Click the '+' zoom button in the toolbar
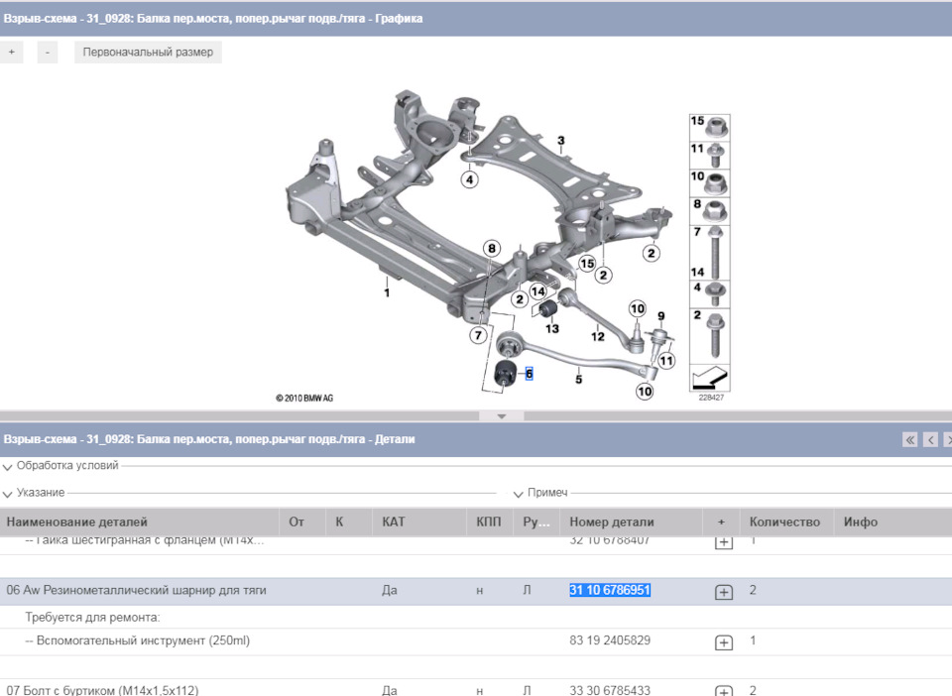[x=11, y=53]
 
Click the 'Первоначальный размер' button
[x=148, y=53]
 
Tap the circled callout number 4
[x=469, y=179]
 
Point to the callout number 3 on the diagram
[x=560, y=141]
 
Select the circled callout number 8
[x=492, y=248]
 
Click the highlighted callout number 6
[x=530, y=374]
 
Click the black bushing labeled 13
[x=547, y=312]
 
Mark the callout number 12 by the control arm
[x=597, y=337]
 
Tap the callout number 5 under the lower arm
[x=578, y=378]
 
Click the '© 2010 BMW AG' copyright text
[x=304, y=398]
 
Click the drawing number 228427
[x=710, y=399]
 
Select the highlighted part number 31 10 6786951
[x=610, y=590]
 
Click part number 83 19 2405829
[x=610, y=640]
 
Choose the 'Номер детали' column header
[x=612, y=522]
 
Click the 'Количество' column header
[x=784, y=522]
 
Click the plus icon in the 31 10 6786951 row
[x=724, y=592]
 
